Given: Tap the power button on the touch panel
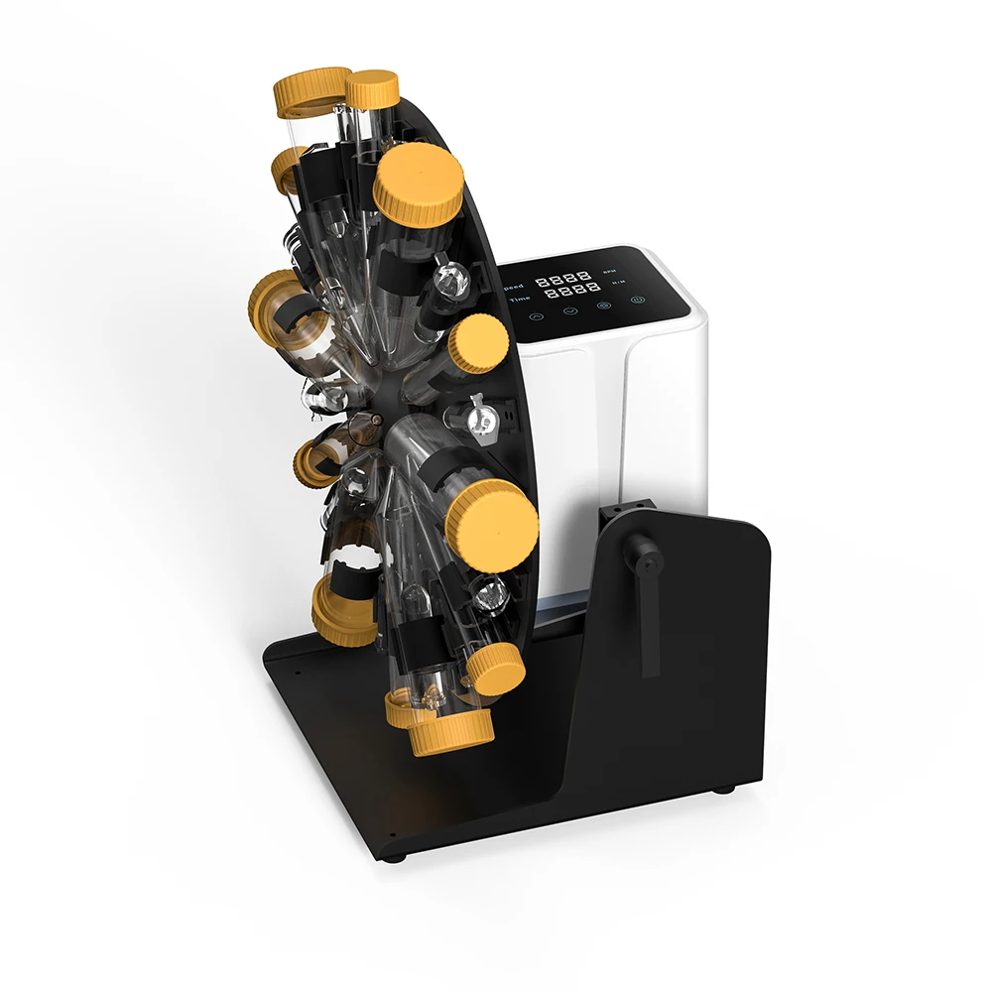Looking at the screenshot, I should (x=638, y=300).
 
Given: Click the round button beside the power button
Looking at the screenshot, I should (x=604, y=306).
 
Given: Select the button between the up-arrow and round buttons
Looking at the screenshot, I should (x=571, y=310).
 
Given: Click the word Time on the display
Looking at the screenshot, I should (x=520, y=300).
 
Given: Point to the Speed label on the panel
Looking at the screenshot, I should (x=514, y=287).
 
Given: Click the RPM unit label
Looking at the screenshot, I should (x=609, y=271).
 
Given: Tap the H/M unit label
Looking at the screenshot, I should (x=619, y=282).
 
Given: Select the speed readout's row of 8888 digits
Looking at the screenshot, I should (x=562, y=279).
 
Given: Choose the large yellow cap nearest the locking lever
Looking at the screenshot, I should (x=491, y=526).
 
